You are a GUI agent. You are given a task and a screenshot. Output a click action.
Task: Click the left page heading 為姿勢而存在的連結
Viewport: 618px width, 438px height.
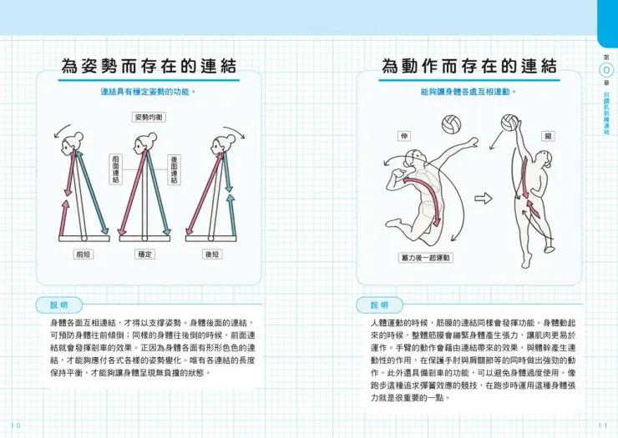[148, 66]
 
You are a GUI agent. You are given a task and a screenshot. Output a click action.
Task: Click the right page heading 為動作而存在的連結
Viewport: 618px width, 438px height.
[469, 66]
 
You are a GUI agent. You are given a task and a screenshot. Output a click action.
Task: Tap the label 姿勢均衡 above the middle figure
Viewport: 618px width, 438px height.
[149, 118]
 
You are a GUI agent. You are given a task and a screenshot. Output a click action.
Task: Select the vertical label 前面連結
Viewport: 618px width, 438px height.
[115, 169]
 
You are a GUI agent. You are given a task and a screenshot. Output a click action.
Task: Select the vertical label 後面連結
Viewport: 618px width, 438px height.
[175, 169]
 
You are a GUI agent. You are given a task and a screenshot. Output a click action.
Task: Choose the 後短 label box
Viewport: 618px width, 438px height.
[212, 254]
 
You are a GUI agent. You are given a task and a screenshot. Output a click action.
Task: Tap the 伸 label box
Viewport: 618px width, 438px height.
[407, 135]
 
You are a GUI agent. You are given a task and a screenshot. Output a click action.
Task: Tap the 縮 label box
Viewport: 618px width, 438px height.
[548, 135]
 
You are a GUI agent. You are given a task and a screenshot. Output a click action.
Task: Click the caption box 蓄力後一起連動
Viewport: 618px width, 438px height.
[426, 258]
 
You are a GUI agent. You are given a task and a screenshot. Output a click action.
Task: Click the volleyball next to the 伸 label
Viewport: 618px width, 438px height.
[451, 125]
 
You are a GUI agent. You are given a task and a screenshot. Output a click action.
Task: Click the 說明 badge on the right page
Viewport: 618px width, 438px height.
[379, 305]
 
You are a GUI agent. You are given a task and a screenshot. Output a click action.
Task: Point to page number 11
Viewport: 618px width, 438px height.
[603, 425]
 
